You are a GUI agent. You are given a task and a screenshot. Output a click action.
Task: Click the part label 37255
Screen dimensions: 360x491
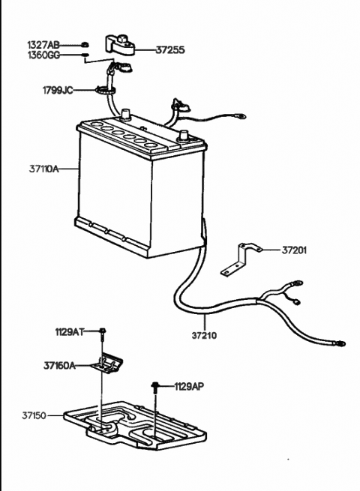[169, 49]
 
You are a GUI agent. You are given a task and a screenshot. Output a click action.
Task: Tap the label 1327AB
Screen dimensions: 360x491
[43, 46]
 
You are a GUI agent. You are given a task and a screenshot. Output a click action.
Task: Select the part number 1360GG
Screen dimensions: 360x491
[43, 55]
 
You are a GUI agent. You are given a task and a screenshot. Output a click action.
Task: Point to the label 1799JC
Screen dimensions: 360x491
[58, 91]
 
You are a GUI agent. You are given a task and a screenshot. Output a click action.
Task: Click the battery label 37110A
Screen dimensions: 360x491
[43, 169]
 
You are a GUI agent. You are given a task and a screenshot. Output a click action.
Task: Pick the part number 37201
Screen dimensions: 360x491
[294, 250]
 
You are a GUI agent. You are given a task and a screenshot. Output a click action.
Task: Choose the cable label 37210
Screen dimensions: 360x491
[204, 336]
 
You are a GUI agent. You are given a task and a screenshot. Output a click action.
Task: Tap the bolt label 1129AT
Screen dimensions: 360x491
[70, 332]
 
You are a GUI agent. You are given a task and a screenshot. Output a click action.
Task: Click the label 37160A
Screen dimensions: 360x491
[59, 365]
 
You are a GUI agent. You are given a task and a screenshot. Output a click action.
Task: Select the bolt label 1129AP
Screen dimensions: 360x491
[189, 387]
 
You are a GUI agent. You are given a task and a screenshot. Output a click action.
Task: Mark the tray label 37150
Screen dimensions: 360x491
[34, 415]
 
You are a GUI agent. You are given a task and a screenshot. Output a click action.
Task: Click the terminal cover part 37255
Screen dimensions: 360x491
[120, 46]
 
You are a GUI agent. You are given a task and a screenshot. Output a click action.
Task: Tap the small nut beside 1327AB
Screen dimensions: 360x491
[84, 45]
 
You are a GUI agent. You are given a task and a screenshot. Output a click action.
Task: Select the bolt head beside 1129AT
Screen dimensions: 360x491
[103, 331]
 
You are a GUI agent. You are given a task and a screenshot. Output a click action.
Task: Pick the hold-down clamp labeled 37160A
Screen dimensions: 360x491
[108, 363]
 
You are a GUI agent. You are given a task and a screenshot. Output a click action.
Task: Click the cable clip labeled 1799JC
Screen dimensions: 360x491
[105, 90]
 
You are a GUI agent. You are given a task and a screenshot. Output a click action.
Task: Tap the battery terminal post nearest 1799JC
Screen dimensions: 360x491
[125, 115]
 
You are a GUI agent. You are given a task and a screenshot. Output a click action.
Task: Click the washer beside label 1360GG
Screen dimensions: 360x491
[85, 55]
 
